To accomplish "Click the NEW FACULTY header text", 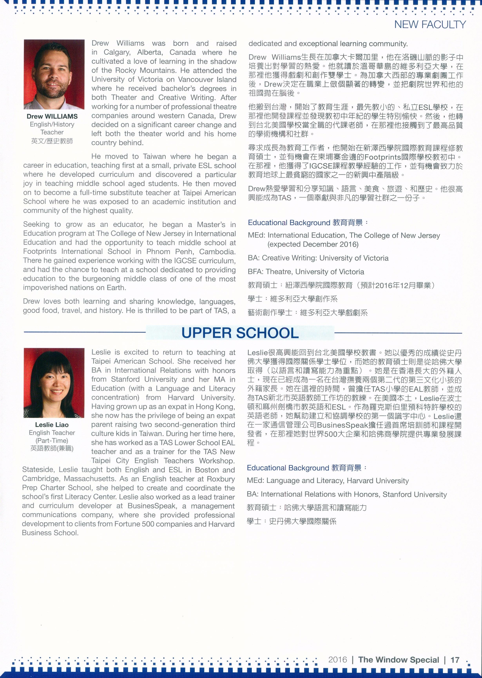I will coord(430,25).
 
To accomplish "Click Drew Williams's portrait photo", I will coord(54,74).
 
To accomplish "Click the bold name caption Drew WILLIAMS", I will coord(52,116).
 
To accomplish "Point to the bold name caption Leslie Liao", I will coord(52,425).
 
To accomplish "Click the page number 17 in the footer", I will coord(455,660).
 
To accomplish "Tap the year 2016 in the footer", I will coord(337,660).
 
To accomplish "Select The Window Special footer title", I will coord(398,660).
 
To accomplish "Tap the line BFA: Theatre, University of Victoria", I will coord(306,272).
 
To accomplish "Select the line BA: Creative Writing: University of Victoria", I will coord(318,258).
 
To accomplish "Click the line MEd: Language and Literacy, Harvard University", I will coord(328,481).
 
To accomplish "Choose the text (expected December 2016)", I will coord(313,244).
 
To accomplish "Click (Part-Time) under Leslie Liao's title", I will coord(52,441).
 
